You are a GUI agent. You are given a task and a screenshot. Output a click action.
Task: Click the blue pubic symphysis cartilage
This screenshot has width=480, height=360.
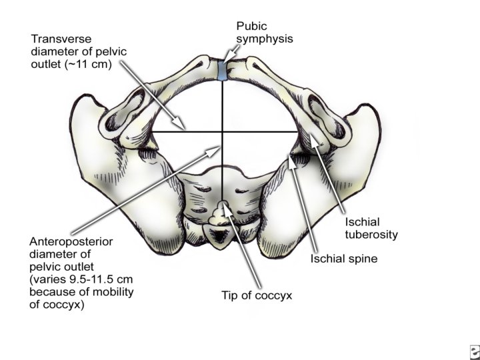(x=221, y=71)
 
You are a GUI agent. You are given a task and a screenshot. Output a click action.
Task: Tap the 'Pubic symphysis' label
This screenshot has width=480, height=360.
(x=264, y=32)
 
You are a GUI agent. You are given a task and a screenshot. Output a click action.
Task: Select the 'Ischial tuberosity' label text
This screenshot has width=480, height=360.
(x=371, y=228)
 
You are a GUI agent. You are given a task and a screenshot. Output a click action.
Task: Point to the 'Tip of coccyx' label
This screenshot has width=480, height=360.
(x=258, y=294)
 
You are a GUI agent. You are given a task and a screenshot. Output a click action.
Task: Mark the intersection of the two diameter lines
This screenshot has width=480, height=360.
(x=221, y=132)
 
